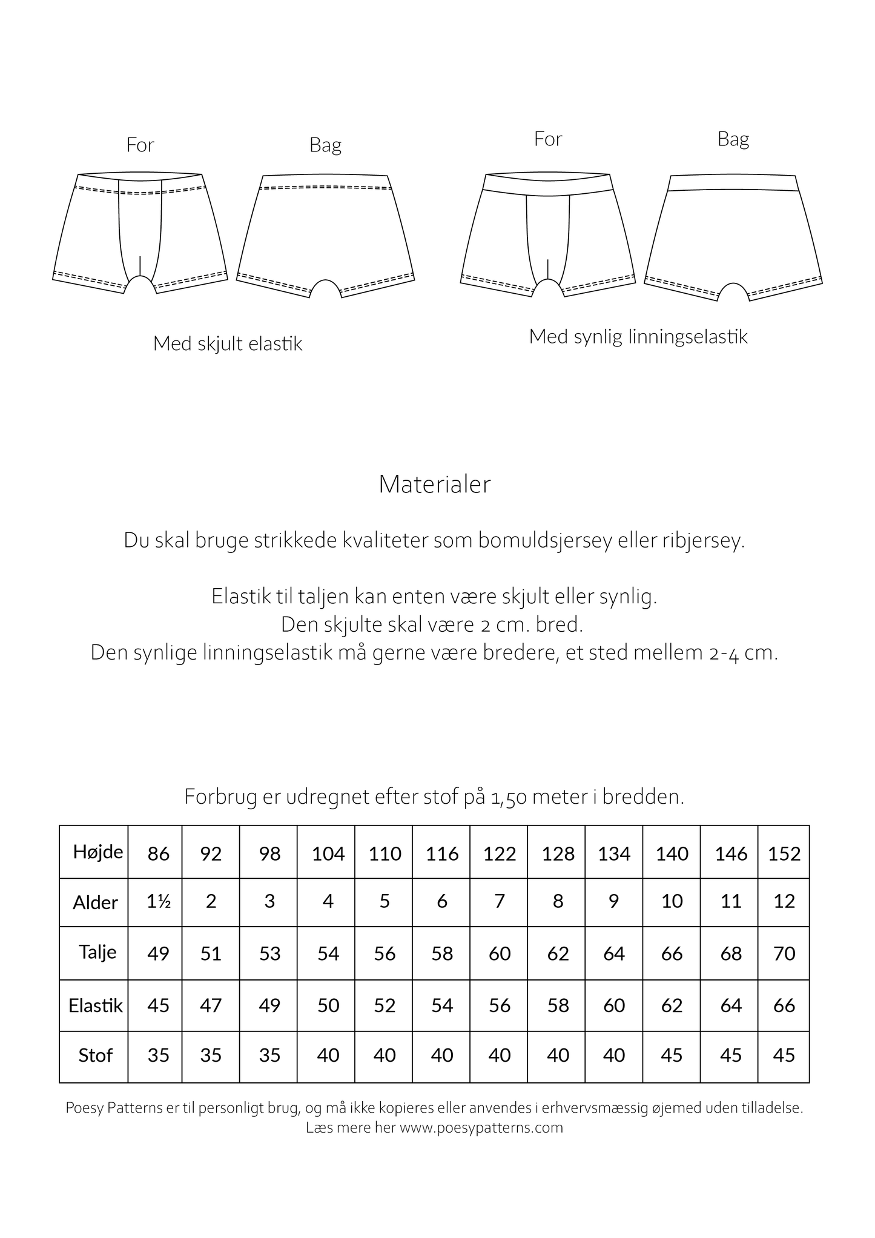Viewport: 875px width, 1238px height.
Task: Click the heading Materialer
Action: (434, 485)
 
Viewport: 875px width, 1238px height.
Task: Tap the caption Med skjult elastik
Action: (227, 344)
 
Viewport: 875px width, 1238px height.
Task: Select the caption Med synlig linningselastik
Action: (638, 336)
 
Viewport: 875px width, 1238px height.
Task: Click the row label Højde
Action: (98, 852)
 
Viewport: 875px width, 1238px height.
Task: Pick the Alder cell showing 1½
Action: (159, 901)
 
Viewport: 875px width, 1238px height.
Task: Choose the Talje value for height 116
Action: (442, 953)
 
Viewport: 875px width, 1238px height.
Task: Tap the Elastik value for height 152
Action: (784, 1005)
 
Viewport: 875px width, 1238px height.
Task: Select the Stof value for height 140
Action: (672, 1055)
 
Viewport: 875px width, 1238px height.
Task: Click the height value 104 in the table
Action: (328, 853)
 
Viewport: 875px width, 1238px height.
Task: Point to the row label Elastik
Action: (96, 1005)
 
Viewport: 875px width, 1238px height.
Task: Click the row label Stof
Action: (96, 1055)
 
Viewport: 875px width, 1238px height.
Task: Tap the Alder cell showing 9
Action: (614, 901)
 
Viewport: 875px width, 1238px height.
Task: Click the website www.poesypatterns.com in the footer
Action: (481, 1128)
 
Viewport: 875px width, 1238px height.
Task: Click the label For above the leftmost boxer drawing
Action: (140, 145)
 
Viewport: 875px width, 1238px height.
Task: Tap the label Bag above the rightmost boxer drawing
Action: (733, 139)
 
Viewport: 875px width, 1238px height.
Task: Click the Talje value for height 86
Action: (159, 953)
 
